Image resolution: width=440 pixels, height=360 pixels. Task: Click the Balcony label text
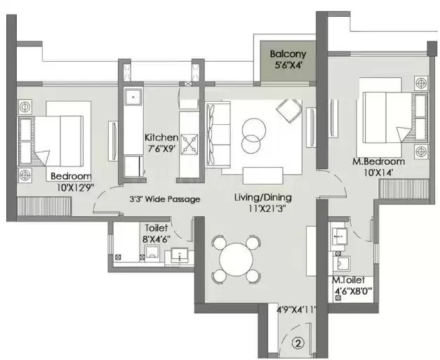tap(288, 54)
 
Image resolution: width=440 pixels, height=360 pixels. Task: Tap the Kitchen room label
tap(161, 138)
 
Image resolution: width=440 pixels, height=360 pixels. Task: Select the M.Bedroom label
tap(378, 161)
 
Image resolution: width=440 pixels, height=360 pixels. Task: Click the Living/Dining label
tap(263, 197)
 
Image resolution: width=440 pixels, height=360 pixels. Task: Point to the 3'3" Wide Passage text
tap(165, 199)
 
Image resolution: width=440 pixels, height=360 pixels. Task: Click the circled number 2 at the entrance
tap(298, 342)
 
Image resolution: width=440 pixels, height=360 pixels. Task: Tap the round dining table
tap(236, 259)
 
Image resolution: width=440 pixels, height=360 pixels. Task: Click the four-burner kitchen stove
tap(189, 145)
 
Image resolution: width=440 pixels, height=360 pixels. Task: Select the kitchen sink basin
tap(133, 97)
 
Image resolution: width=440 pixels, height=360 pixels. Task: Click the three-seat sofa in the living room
tap(218, 135)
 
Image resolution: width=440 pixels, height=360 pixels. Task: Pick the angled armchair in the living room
tap(289, 111)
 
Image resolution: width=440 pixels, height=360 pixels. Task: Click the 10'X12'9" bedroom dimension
tap(75, 187)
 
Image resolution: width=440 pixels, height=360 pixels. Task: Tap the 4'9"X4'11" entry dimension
tap(297, 310)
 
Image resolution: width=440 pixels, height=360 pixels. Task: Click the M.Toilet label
tap(348, 280)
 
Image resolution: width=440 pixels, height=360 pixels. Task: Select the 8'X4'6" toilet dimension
tap(156, 239)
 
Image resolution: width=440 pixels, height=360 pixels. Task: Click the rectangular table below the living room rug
tap(262, 175)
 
